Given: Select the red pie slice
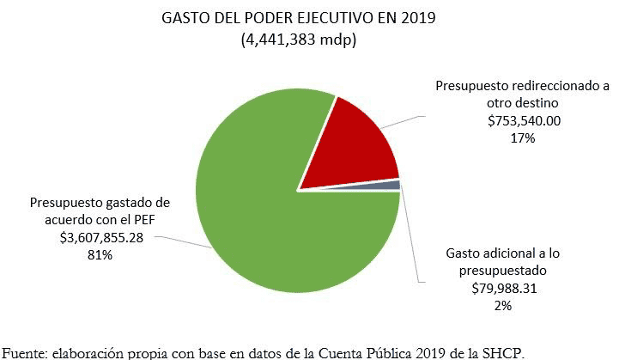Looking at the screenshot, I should [x=356, y=150].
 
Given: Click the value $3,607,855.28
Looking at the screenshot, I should [x=101, y=237].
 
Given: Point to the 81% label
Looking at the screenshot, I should [x=101, y=254].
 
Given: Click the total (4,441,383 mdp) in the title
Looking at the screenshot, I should [x=298, y=40].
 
